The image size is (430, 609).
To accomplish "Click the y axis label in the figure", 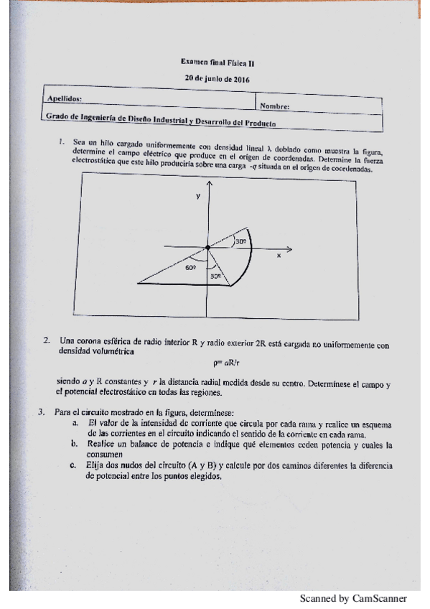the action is [197, 196].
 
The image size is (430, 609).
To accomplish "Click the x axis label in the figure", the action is [279, 254].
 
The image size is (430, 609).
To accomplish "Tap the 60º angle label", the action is [190, 267].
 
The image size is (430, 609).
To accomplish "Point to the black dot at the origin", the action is [208, 248].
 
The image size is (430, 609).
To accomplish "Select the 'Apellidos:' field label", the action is [64, 98].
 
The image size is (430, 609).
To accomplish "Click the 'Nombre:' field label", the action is [275, 106].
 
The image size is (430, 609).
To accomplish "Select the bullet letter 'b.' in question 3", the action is [74, 445].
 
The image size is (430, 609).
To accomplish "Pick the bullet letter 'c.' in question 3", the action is [74, 465].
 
